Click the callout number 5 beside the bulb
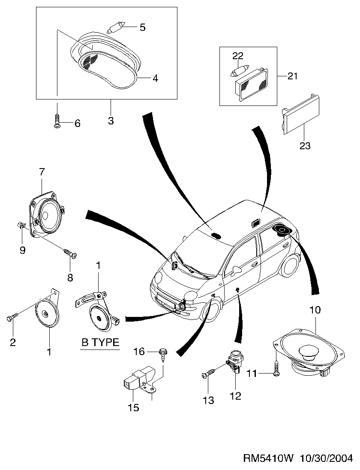(143, 27)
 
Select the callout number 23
(305, 146)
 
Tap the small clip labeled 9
(21, 225)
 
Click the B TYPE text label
(100, 342)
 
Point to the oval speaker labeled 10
(309, 352)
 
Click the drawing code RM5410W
(268, 458)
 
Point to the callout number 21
(292, 76)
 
